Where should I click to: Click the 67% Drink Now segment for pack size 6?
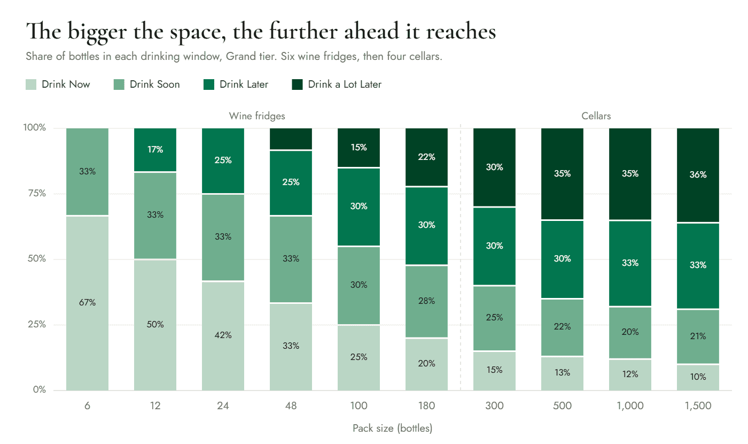tap(87, 303)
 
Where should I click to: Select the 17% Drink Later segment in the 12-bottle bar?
tap(155, 150)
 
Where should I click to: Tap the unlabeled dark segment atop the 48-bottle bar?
tap(291, 139)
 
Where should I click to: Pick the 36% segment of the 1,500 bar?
tap(698, 175)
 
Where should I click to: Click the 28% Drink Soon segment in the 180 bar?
tap(426, 302)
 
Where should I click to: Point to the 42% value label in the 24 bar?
tap(223, 335)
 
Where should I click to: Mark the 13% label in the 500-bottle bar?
tap(562, 372)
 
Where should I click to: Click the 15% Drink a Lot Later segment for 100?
tap(359, 148)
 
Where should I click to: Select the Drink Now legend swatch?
tap(31, 85)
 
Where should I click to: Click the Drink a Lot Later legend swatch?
tap(297, 85)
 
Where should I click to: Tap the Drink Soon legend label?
tap(154, 85)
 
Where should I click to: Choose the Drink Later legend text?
tap(244, 85)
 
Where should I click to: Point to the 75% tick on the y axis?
tap(37, 193)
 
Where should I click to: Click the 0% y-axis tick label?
tap(40, 389)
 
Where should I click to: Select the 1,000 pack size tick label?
tap(630, 406)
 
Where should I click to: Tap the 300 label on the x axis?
tap(494, 406)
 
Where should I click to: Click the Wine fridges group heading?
tap(257, 116)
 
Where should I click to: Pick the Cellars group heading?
tap(596, 116)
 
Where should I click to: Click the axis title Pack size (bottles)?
tap(392, 428)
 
